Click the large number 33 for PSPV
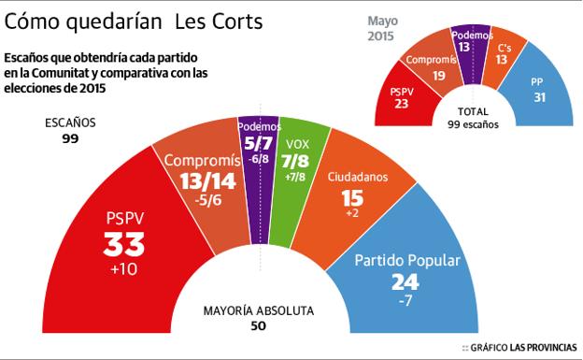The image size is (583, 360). coord(123,246)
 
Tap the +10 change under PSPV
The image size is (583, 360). coord(123,271)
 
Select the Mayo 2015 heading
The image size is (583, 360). coord(380,28)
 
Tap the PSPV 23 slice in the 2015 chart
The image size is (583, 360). coord(402,98)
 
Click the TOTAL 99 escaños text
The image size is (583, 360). coord(472,117)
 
